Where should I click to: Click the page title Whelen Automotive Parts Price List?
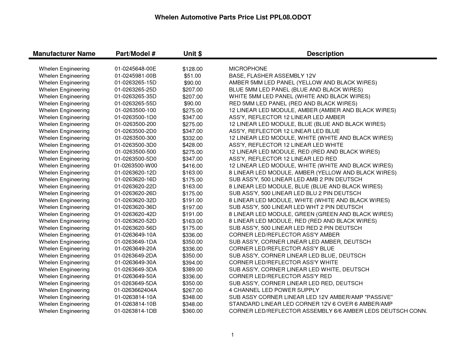[233, 18]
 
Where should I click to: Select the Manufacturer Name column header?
[64, 54]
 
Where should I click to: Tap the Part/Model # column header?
[136, 54]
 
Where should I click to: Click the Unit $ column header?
[193, 54]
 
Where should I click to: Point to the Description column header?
[325, 54]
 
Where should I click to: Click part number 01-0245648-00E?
[135, 69]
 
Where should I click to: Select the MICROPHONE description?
[248, 69]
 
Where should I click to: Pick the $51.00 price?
[192, 76]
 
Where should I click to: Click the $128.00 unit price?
[192, 69]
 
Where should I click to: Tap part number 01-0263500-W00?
[135, 166]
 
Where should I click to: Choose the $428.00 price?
[192, 145]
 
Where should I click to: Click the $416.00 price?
[192, 166]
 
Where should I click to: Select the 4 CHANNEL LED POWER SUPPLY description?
[274, 290]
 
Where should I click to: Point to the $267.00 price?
[192, 291]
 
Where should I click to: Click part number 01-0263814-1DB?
[135, 311]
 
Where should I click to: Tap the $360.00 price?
[192, 311]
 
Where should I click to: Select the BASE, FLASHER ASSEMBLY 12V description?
[272, 76]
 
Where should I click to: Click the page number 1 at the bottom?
[232, 335]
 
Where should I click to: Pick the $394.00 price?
[192, 263]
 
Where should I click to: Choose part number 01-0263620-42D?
[135, 214]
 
